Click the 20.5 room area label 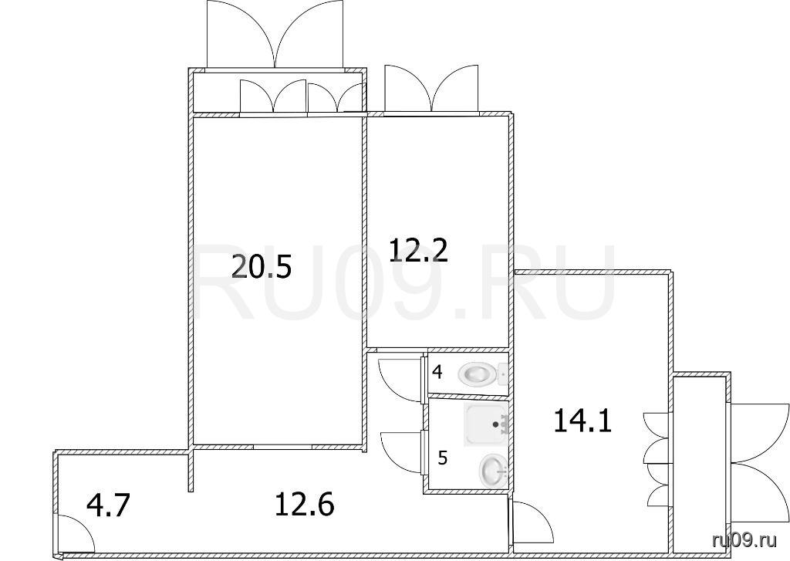pos(262,267)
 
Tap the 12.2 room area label pos(418,250)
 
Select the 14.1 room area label pos(582,421)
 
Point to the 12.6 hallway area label pos(304,504)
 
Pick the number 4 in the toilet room pos(437,373)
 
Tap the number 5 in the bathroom pos(442,458)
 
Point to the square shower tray pos(486,424)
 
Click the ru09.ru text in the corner pos(744,540)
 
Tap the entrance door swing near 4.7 pos(76,533)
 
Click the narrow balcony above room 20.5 pos(277,93)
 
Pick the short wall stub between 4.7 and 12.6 pos(191,471)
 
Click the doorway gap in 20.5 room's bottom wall pos(282,447)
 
